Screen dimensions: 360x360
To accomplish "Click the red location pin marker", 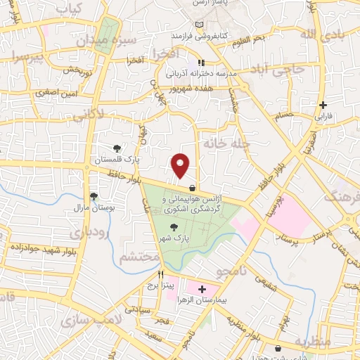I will [181, 165].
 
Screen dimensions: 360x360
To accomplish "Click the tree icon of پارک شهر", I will [173, 226].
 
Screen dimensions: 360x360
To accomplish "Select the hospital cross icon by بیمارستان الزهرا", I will [202, 289].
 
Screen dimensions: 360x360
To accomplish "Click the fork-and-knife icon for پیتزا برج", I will [161, 274].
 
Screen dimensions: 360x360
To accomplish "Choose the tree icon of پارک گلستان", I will [117, 148].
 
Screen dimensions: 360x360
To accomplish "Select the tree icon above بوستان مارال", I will [94, 196].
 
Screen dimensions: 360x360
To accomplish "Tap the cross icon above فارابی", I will [322, 105].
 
